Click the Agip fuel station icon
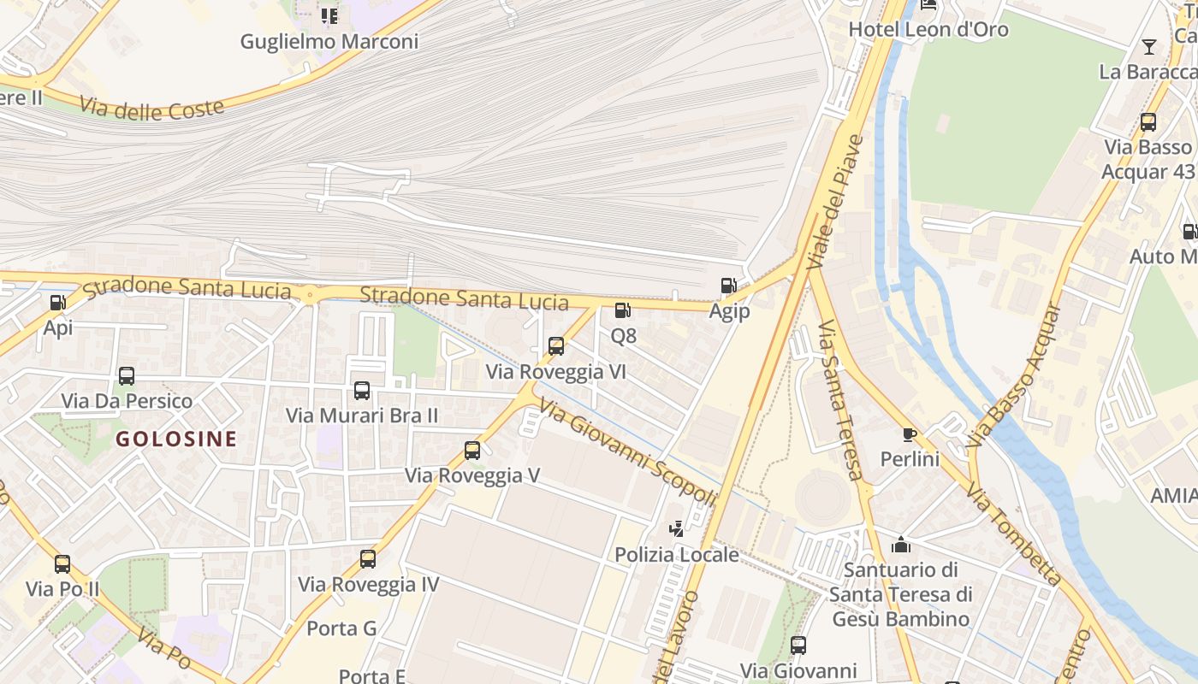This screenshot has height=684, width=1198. pos(728,286)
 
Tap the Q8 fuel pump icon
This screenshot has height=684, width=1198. pos(623,310)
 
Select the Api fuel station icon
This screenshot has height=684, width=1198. pos(57,302)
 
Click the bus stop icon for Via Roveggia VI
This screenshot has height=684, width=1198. pos(556,346)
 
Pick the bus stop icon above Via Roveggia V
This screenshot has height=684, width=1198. pos(471,450)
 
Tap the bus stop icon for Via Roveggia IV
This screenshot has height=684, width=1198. pos(368,559)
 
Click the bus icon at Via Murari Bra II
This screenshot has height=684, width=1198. pos(362,391)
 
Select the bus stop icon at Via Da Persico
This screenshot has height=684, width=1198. pos(127,375)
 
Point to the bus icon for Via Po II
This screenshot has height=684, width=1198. pos(62,564)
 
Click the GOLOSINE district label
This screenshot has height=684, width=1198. pos(176,439)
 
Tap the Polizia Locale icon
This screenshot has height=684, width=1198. pos(677,529)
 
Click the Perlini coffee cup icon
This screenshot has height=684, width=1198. pos(910,434)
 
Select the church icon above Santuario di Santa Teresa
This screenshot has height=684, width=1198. pos(900,545)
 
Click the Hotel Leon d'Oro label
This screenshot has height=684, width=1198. pos(928,30)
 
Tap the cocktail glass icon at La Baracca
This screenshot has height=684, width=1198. pos(1148,46)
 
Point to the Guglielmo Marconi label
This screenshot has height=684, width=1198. pos(329,41)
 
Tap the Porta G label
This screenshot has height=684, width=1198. pos(341,628)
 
